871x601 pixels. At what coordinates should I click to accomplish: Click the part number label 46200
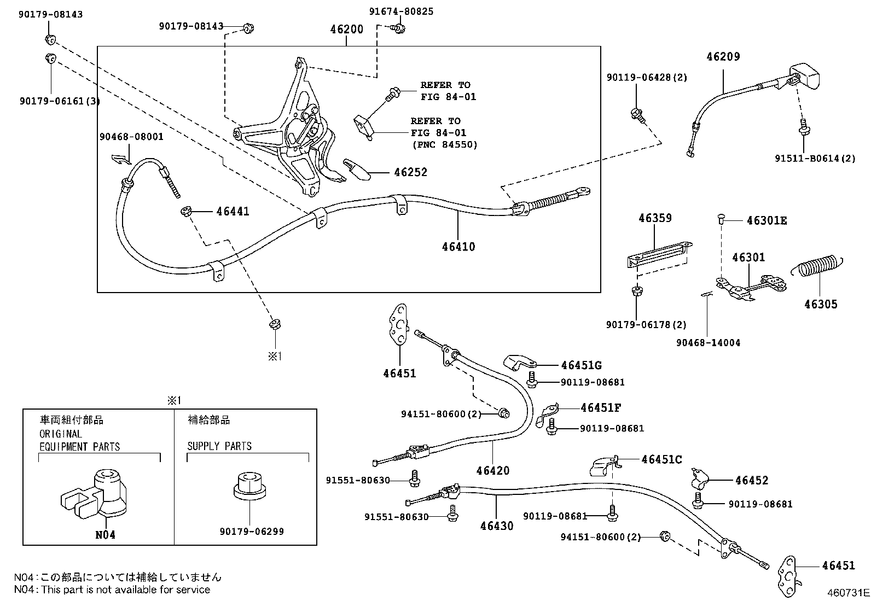coord(346,29)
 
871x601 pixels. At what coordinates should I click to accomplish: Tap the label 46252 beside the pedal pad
coord(410,172)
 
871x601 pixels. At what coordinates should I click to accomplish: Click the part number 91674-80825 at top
coord(399,11)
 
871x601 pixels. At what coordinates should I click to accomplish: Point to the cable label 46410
coord(458,247)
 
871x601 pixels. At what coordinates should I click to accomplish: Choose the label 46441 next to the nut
coord(233,211)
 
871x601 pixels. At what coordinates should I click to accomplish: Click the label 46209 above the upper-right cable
coord(723,56)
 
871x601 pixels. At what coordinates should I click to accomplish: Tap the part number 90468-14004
coord(708,343)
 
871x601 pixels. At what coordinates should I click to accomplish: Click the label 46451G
coord(581,365)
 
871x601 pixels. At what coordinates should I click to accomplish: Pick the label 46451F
coord(601,408)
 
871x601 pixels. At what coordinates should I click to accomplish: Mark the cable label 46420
coord(492,470)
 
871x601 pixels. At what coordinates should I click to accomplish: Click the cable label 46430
coord(497,526)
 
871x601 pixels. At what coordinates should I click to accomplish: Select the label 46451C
coord(661,459)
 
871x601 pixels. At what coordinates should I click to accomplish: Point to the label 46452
coord(752,481)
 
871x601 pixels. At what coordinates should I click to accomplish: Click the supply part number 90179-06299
coord(252,531)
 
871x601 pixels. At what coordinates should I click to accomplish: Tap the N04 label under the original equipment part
coord(105,535)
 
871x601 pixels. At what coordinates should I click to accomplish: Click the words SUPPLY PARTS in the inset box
coord(219,446)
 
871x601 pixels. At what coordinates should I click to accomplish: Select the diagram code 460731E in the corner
coord(847,592)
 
